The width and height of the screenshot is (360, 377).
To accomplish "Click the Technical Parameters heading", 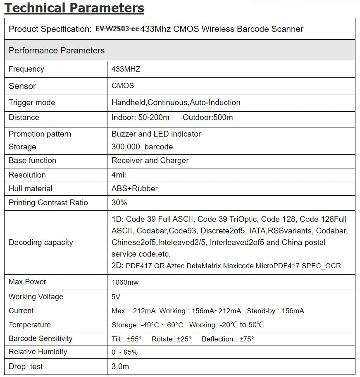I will click(x=74, y=8).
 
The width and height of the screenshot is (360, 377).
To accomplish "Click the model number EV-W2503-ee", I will click(x=117, y=29).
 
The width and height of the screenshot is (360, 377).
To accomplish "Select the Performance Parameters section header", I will click(x=57, y=50).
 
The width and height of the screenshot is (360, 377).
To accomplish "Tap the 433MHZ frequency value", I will click(x=126, y=69).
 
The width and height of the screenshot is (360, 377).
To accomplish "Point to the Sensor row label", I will click(x=22, y=86).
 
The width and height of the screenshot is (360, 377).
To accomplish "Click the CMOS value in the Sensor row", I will click(x=123, y=86).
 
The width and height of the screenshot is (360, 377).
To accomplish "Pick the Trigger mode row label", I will click(x=32, y=102).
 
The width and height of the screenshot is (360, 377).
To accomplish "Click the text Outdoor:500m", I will click(x=207, y=118).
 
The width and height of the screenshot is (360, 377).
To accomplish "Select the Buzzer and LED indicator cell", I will click(x=156, y=134).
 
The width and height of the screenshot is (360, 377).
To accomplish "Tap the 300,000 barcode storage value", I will click(x=142, y=147).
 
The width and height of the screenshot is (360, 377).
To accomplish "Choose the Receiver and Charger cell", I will click(x=150, y=161).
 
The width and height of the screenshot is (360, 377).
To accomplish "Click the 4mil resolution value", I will click(x=119, y=175).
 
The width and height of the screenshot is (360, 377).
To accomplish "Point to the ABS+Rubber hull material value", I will click(x=135, y=189).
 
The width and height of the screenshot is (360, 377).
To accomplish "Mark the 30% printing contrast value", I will click(x=119, y=203).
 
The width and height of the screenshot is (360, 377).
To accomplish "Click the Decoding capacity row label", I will click(x=41, y=243).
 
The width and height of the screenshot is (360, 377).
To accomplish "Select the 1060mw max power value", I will click(x=125, y=282).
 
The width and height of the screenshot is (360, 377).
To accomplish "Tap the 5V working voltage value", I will click(x=116, y=297).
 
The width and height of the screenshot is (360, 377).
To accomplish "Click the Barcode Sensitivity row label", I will click(x=41, y=339).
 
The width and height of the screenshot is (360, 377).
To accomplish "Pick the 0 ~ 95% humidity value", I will click(x=124, y=352).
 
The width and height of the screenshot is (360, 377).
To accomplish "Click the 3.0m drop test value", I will click(x=120, y=367).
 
